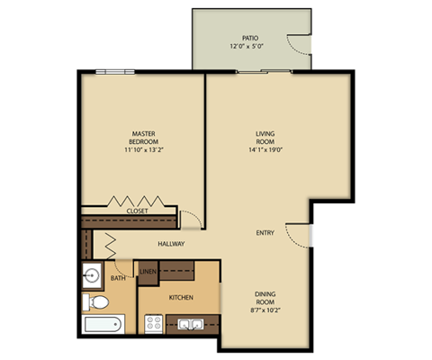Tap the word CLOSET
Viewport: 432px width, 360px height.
(x=138, y=211)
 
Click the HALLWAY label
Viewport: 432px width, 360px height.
(x=171, y=244)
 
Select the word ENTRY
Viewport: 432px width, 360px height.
(x=265, y=233)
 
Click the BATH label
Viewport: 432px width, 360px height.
(x=119, y=278)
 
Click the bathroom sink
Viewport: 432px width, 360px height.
(x=92, y=275)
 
